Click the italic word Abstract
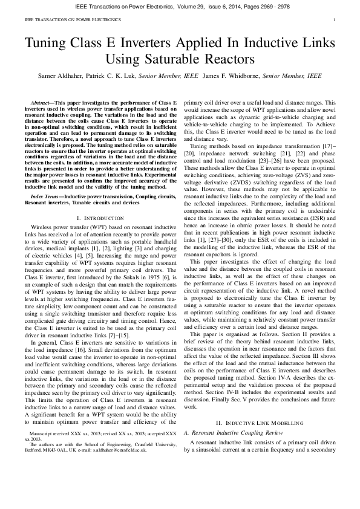coord(42,105)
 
